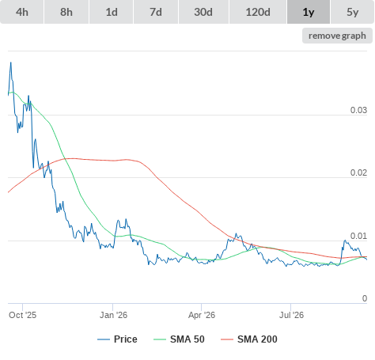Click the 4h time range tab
[x=22, y=12]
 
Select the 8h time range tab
[x=66, y=12]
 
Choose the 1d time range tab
[x=112, y=12]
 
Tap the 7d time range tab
[x=156, y=12]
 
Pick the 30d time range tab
[x=203, y=12]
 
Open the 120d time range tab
[x=258, y=12]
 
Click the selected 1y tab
[x=309, y=12]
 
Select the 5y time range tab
[x=353, y=12]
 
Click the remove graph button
[x=337, y=36]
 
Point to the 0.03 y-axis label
[x=358, y=110]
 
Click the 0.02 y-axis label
[x=358, y=172]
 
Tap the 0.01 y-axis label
[x=358, y=236]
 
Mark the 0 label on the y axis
[x=365, y=298]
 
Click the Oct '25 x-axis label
[x=23, y=315]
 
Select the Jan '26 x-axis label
[x=113, y=315]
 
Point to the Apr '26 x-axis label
[x=202, y=315]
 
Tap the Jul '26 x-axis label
[x=291, y=315]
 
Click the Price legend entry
[x=117, y=339]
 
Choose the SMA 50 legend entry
[x=179, y=339]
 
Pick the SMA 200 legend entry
[x=249, y=339]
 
